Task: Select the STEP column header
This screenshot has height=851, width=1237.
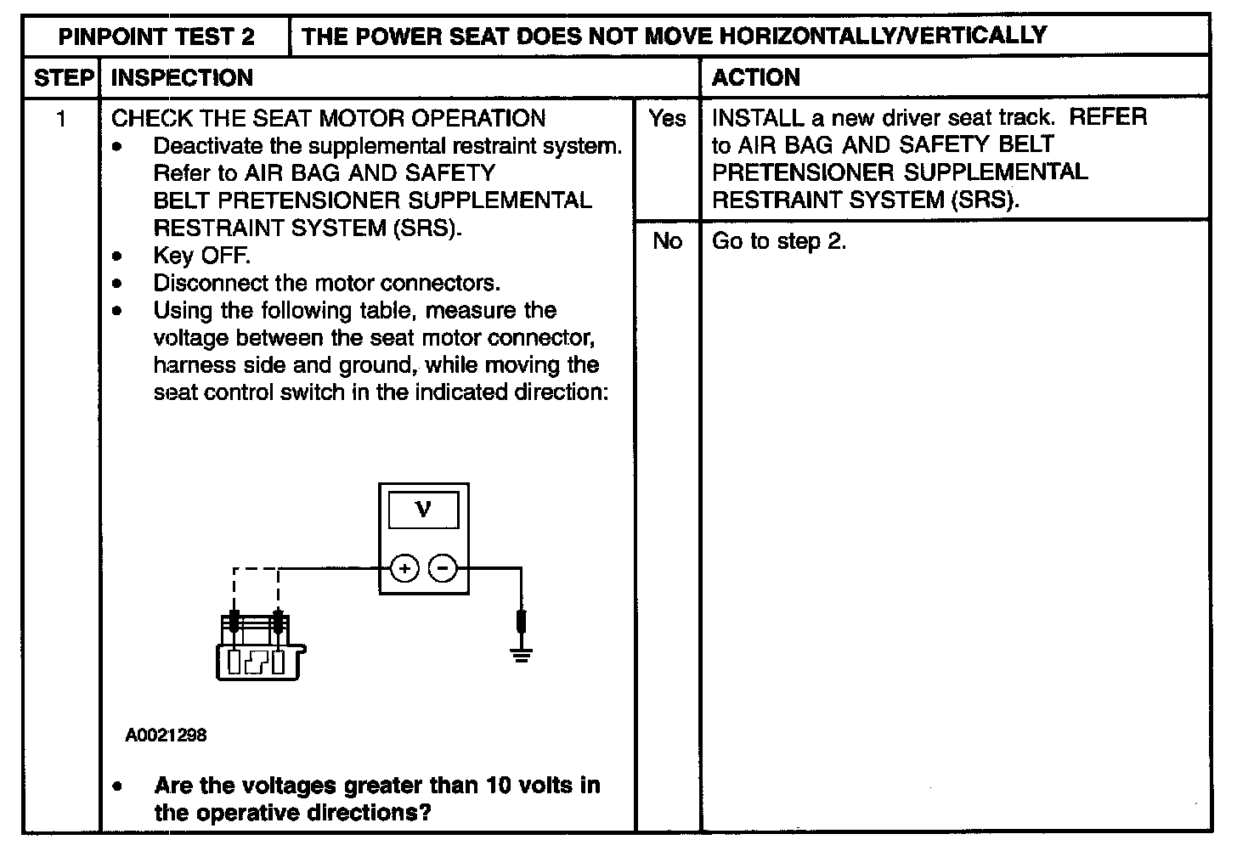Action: (63, 78)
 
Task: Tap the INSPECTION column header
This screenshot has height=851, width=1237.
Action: (182, 78)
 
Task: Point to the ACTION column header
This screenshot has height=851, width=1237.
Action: (755, 78)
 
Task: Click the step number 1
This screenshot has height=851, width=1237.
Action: (61, 118)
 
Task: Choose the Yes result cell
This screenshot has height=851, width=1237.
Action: (667, 118)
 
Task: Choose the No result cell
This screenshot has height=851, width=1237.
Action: (667, 241)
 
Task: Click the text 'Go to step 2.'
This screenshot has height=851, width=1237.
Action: (779, 241)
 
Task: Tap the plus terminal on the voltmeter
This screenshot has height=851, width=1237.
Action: (405, 568)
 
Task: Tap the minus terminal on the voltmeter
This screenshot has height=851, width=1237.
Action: (442, 568)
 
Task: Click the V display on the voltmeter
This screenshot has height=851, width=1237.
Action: (423, 510)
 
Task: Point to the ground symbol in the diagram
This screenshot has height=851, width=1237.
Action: (522, 652)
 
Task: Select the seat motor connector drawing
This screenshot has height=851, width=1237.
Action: (257, 650)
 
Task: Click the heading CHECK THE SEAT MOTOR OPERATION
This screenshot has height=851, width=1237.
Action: (328, 118)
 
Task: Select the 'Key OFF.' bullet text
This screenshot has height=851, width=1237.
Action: (201, 256)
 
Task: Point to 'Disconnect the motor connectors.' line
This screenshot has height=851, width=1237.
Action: (326, 283)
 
